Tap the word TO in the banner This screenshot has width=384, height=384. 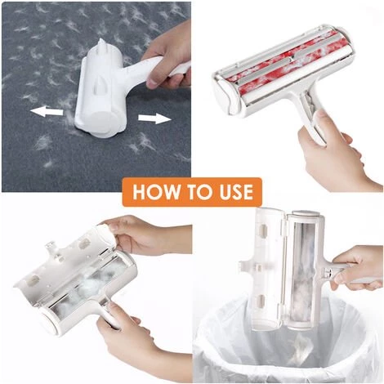196,192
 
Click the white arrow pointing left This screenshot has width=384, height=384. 47,111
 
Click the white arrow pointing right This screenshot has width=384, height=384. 154,118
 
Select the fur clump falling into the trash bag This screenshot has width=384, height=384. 300,345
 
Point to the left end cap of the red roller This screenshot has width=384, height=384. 224,96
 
